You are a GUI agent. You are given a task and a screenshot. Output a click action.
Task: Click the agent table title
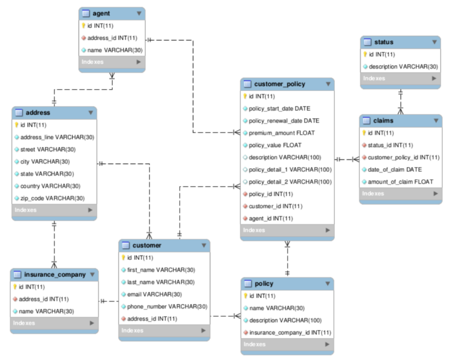pyautogui.click(x=101, y=13)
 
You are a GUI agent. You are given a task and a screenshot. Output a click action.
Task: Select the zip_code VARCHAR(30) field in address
pyautogui.click(x=49, y=198)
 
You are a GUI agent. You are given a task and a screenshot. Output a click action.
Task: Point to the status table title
pyautogui.click(x=384, y=42)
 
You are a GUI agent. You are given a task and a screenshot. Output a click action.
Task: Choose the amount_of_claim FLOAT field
pyautogui.click(x=400, y=182)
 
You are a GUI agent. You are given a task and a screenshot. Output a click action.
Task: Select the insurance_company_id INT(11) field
pyautogui.click(x=290, y=332)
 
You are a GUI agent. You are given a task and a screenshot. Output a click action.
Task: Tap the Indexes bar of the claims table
pyautogui.click(x=400, y=194)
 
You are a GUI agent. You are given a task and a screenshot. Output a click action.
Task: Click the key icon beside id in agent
pyautogui.click(x=84, y=25)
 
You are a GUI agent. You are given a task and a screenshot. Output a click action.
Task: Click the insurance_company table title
pyautogui.click(x=55, y=274)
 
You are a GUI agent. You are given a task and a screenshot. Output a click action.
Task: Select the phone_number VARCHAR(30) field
pyautogui.click(x=167, y=306)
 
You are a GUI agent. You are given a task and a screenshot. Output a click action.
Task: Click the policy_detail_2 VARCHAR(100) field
pyautogui.click(x=290, y=182)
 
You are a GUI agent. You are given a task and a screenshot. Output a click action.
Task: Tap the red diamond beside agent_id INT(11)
pyautogui.click(x=245, y=218)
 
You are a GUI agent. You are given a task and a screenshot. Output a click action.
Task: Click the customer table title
pyautogui.click(x=147, y=245)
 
